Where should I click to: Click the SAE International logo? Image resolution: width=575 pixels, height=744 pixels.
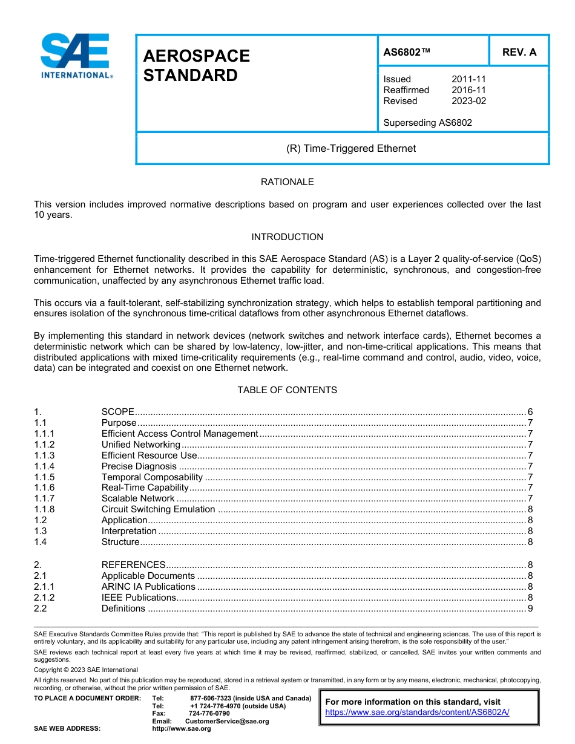pyautogui.click(x=75, y=56)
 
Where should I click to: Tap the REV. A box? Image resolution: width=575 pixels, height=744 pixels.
pyautogui.click(x=519, y=52)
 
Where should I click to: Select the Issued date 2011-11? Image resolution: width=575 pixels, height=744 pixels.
pyautogui.click(x=468, y=79)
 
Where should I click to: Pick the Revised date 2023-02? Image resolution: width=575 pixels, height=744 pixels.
pyautogui.click(x=468, y=101)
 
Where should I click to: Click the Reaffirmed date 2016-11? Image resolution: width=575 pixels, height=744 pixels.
pyautogui.click(x=468, y=90)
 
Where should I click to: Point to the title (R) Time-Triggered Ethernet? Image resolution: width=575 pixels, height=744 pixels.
pyautogui.click(x=350, y=148)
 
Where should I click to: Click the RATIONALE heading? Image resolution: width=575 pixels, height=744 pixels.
pyautogui.click(x=287, y=182)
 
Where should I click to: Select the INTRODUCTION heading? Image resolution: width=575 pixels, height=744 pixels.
pyautogui.click(x=287, y=237)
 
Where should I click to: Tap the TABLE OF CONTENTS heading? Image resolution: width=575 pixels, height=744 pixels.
pyautogui.click(x=287, y=390)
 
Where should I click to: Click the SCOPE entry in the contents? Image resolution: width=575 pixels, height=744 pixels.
pyautogui.click(x=117, y=412)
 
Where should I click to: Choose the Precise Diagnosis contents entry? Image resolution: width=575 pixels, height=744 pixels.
pyautogui.click(x=139, y=466)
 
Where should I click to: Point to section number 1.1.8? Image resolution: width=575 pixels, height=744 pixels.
pyautogui.click(x=44, y=509)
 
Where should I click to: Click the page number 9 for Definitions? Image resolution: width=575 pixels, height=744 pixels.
pyautogui.click(x=530, y=609)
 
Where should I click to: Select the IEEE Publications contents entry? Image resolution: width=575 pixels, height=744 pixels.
pyautogui.click(x=139, y=598)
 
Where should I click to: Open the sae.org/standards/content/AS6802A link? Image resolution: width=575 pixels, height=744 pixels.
pyautogui.click(x=417, y=712)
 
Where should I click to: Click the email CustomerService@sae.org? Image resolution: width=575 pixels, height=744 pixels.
pyautogui.click(x=227, y=721)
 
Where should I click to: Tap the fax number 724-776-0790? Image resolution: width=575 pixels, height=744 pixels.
pyautogui.click(x=209, y=714)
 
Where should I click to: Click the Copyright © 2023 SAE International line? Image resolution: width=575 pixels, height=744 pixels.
pyautogui.click(x=86, y=670)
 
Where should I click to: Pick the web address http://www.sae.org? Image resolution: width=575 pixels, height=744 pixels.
pyautogui.click(x=182, y=728)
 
